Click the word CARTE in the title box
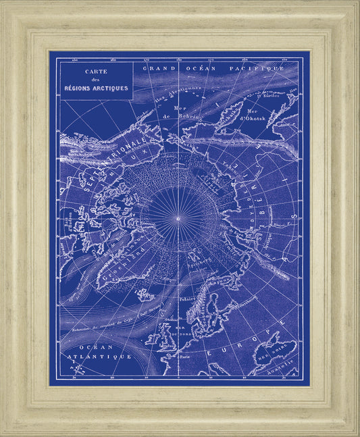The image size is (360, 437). pyautogui.click(x=95, y=72)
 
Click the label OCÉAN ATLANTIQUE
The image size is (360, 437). pyautogui.click(x=95, y=349)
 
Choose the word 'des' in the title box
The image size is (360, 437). pyautogui.click(x=95, y=80)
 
